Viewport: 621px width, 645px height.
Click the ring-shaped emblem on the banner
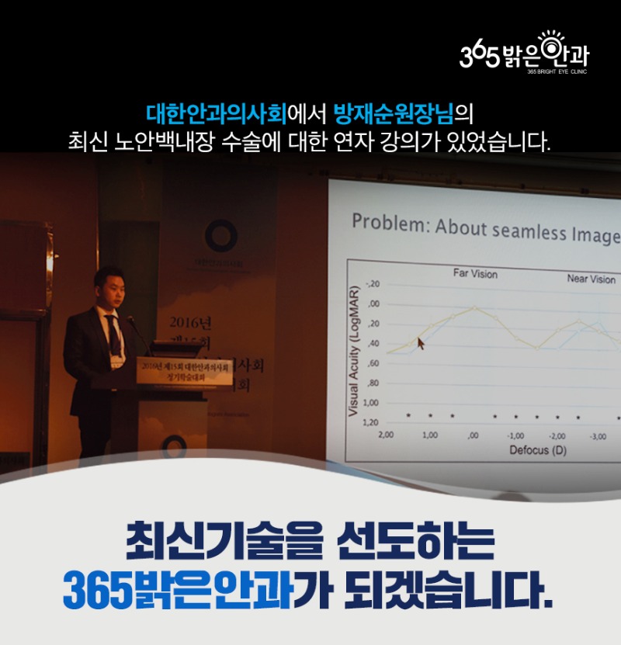point(220,236)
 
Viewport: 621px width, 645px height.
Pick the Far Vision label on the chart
point(475,274)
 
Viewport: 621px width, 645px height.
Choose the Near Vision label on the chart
point(591,279)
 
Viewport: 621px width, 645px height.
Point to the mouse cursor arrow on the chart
point(421,342)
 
